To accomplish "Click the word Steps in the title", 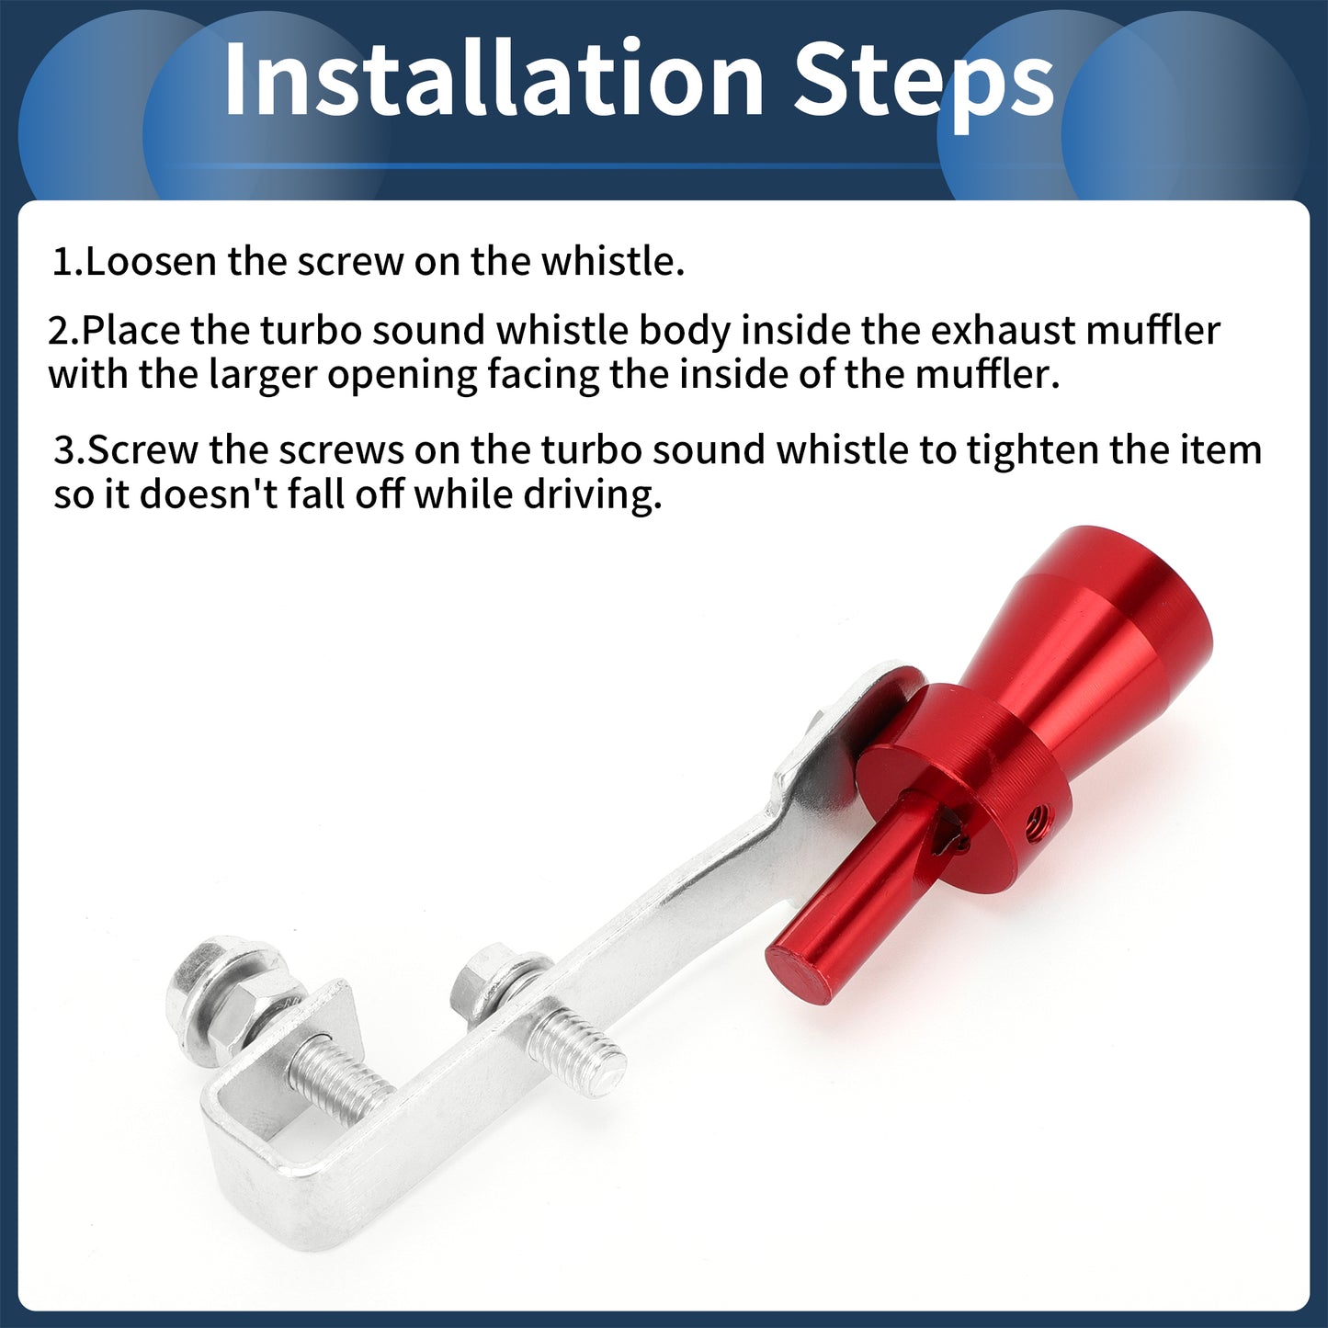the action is (x=924, y=86).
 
